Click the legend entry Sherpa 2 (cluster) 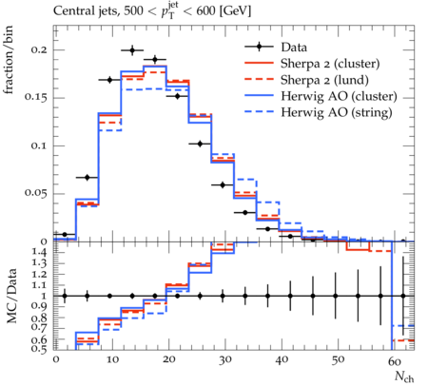click(x=330, y=64)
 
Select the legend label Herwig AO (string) click(x=337, y=112)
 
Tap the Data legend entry click(x=294, y=48)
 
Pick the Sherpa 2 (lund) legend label click(x=324, y=80)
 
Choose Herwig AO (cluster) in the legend click(x=339, y=96)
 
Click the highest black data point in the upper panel click(x=132, y=50)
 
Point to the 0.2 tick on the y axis click(x=38, y=49)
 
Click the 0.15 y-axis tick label click(x=35, y=97)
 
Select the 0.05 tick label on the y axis click(x=35, y=193)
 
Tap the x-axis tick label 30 click(x=224, y=359)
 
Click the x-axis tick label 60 click(x=395, y=360)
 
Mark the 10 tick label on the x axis click(x=112, y=359)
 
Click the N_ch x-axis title click(x=404, y=376)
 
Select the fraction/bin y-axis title click(x=9, y=60)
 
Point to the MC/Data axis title click(x=11, y=297)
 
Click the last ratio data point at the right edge click(x=403, y=296)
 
